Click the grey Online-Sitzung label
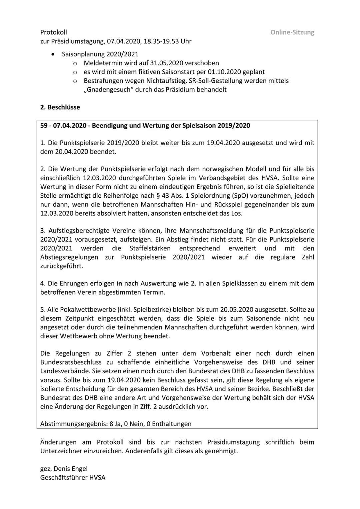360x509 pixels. point(292,32)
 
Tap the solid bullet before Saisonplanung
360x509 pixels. point(53,54)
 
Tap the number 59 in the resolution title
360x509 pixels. point(44,126)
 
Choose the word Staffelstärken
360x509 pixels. point(150,248)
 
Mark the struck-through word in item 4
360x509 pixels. point(119,284)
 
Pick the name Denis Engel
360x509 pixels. point(71,469)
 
